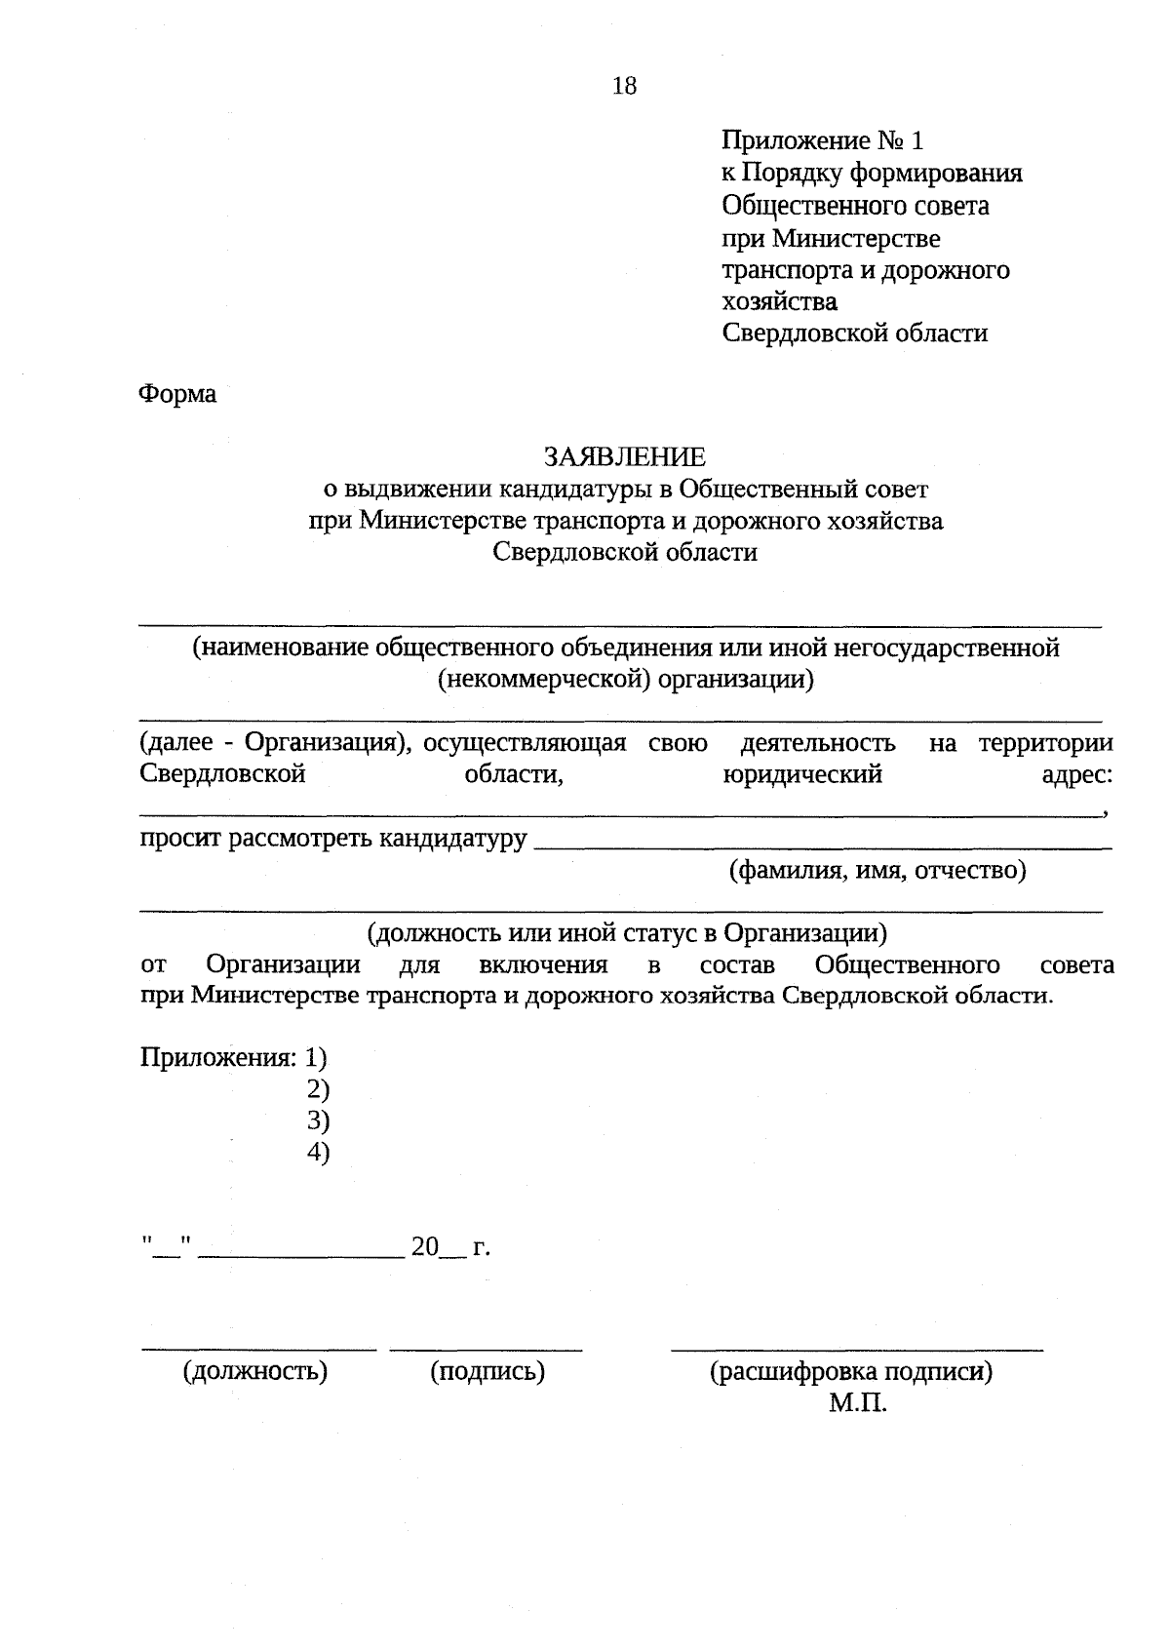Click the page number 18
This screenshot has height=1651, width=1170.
[624, 87]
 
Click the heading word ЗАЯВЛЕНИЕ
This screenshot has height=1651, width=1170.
[624, 456]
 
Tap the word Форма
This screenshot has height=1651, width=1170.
[177, 395]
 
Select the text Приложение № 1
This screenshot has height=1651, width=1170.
[821, 141]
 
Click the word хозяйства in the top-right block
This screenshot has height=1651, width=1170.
[779, 301]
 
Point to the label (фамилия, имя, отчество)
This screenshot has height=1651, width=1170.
[878, 870]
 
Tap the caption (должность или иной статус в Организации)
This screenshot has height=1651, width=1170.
[627, 933]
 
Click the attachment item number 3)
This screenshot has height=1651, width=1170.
[318, 1120]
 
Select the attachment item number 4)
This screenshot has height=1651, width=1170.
[318, 1152]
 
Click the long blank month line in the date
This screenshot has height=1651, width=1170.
[300, 1253]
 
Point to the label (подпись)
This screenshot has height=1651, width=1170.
[487, 1372]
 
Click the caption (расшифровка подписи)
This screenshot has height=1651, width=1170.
[850, 1372]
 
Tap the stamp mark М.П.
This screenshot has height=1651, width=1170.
[858, 1404]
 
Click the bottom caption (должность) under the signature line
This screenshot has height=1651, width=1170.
[255, 1372]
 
